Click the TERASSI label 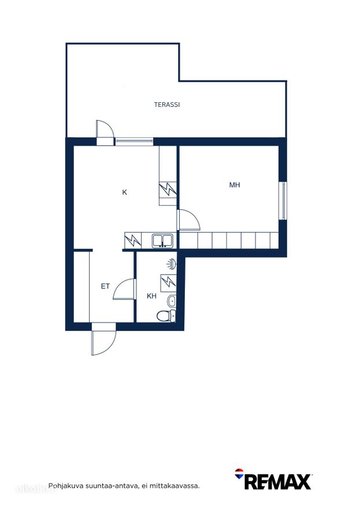(167, 105)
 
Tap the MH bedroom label (235, 185)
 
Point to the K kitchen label (124, 192)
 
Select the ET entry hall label (105, 287)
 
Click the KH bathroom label (151, 296)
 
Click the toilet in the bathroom (166, 315)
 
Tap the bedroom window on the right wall (283, 200)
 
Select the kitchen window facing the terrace (134, 141)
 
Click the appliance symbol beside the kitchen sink (133, 240)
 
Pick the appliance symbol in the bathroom (168, 281)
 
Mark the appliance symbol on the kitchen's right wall (168, 190)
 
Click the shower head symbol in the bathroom (172, 264)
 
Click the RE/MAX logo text (278, 482)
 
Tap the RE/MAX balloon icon (239, 474)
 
